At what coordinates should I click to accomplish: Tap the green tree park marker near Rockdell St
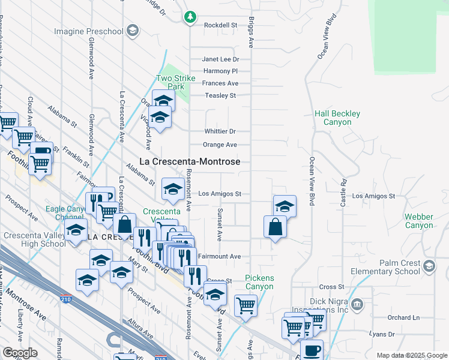click(x=190, y=17)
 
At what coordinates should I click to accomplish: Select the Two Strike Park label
click(x=172, y=82)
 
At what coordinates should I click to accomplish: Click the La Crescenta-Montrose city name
click(x=190, y=161)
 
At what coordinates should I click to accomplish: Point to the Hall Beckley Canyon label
click(x=337, y=118)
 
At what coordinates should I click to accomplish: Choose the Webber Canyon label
click(x=418, y=220)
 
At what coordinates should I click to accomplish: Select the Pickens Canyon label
click(x=259, y=282)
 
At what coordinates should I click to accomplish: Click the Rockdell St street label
click(x=221, y=25)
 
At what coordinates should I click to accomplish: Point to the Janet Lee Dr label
click(x=220, y=59)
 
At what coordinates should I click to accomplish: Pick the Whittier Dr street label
click(x=219, y=131)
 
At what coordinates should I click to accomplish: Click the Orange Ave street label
click(x=220, y=145)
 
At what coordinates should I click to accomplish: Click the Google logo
click(x=20, y=352)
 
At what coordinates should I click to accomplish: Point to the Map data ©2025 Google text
click(x=411, y=355)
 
